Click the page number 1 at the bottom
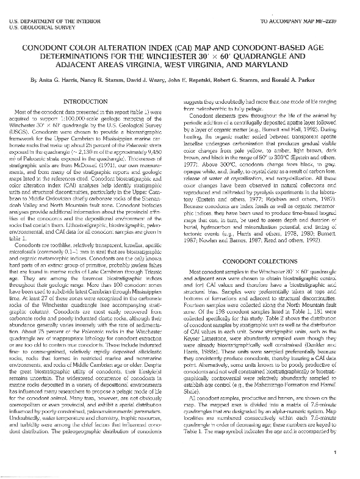pyautogui.click(x=336, y=469)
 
